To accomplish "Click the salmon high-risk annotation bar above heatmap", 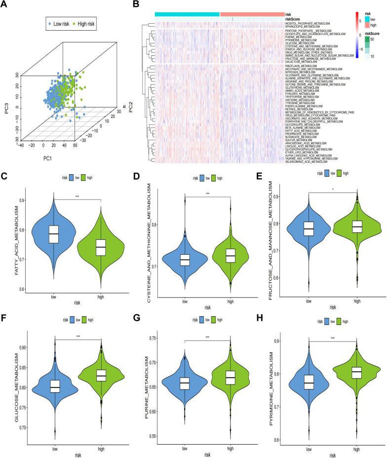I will click(x=251, y=14).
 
